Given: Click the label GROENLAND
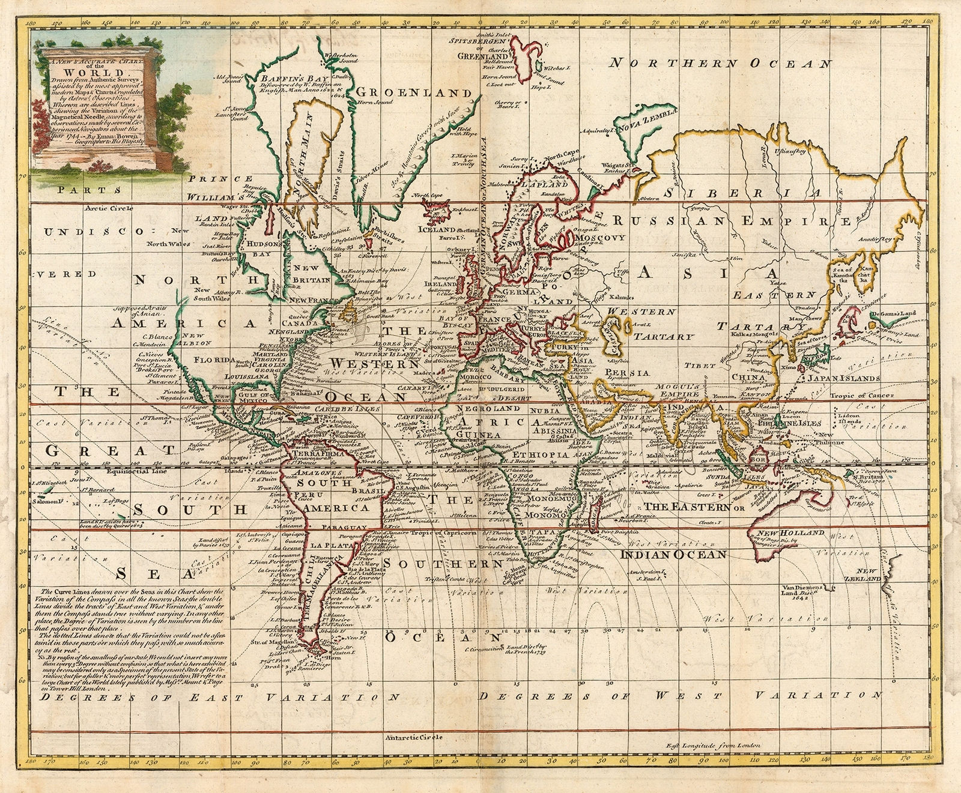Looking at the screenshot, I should (x=414, y=93).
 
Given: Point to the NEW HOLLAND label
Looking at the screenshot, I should (x=781, y=533).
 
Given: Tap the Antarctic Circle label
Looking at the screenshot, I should (x=414, y=737).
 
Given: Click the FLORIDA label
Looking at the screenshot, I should (x=213, y=360).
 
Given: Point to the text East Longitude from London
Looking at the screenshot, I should (x=713, y=745).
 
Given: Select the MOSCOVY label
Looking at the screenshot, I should (x=600, y=238).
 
